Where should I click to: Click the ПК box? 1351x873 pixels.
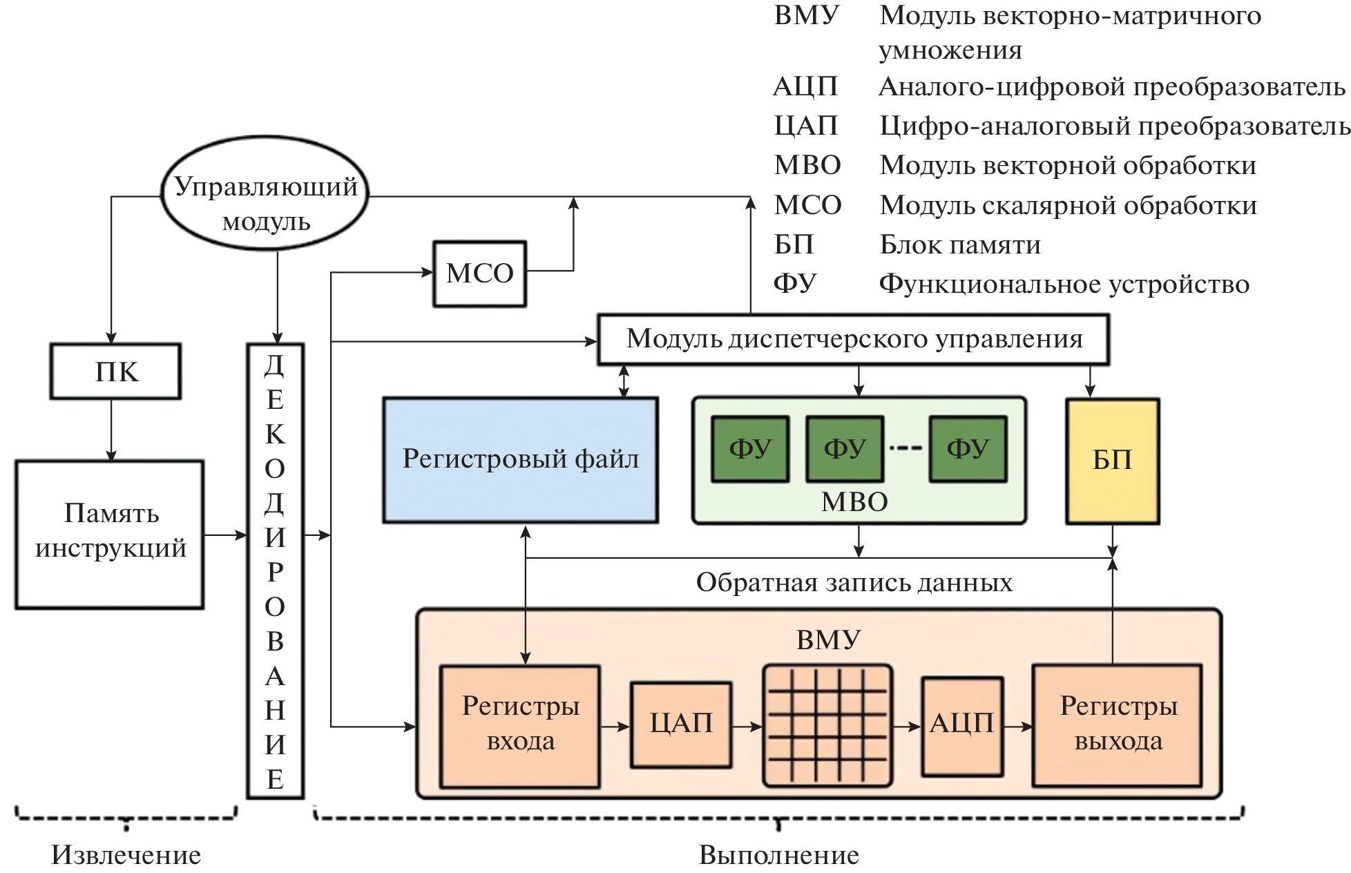pos(115,372)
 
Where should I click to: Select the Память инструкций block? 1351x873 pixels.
pos(110,534)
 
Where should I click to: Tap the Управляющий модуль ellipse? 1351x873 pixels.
pos(265,194)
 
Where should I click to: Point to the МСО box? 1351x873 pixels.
pos(480,274)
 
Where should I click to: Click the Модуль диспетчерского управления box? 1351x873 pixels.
pos(853,339)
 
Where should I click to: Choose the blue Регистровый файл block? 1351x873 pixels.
pos(521,459)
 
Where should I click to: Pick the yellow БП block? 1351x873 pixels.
pos(1112,461)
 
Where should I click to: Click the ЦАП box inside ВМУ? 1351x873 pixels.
pos(681,724)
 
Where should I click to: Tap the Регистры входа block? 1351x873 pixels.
pos(520,725)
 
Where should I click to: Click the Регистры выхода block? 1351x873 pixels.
pos(1118,725)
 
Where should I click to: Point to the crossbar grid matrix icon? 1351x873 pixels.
pos(827,725)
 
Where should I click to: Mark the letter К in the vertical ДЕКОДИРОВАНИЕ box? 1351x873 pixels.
pos(275,434)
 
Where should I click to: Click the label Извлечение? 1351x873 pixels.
pos(126,855)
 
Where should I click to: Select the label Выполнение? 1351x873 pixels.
pos(778,855)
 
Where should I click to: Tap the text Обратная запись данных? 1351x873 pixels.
pos(854,583)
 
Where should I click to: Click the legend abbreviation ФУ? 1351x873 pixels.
pos(795,283)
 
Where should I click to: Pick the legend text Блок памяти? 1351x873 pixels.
pos(960,244)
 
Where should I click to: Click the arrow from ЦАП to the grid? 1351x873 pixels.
pos(747,727)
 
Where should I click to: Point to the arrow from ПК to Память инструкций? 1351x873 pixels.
pos(111,430)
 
